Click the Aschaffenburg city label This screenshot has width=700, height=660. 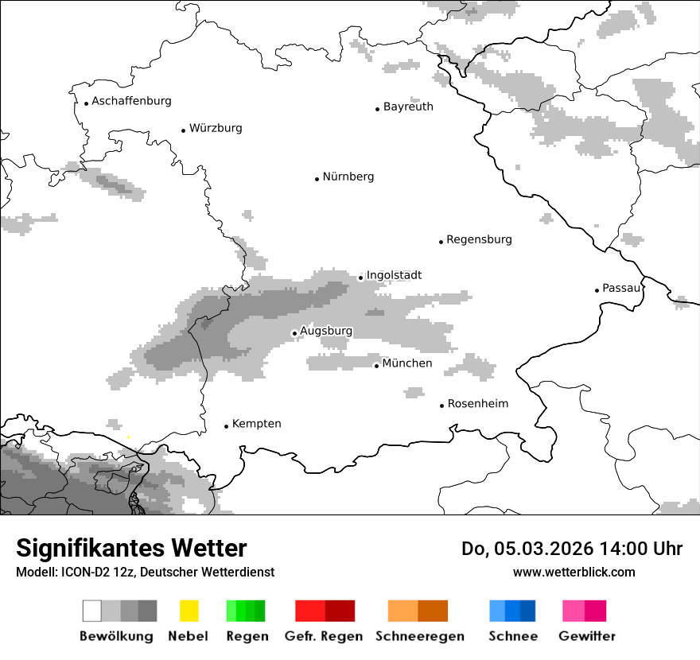[131, 101]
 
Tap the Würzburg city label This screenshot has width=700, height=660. [216, 128]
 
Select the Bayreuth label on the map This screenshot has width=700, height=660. [408, 107]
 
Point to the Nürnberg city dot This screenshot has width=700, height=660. [317, 179]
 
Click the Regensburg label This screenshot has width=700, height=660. [479, 239]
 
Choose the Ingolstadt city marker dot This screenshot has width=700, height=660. [360, 278]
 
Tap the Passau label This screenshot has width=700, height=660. [621, 288]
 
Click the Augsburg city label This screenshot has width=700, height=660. [326, 331]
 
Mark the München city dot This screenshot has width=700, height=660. [376, 366]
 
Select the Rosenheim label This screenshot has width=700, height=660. [477, 404]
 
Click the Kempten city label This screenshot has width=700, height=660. [256, 424]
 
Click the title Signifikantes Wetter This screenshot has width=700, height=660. [131, 549]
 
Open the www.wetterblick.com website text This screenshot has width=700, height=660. [574, 572]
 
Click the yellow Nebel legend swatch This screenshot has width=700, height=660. [189, 611]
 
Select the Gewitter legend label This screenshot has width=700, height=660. [586, 636]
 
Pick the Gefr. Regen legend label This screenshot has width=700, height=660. [323, 636]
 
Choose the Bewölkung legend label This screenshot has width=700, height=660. [116, 636]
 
